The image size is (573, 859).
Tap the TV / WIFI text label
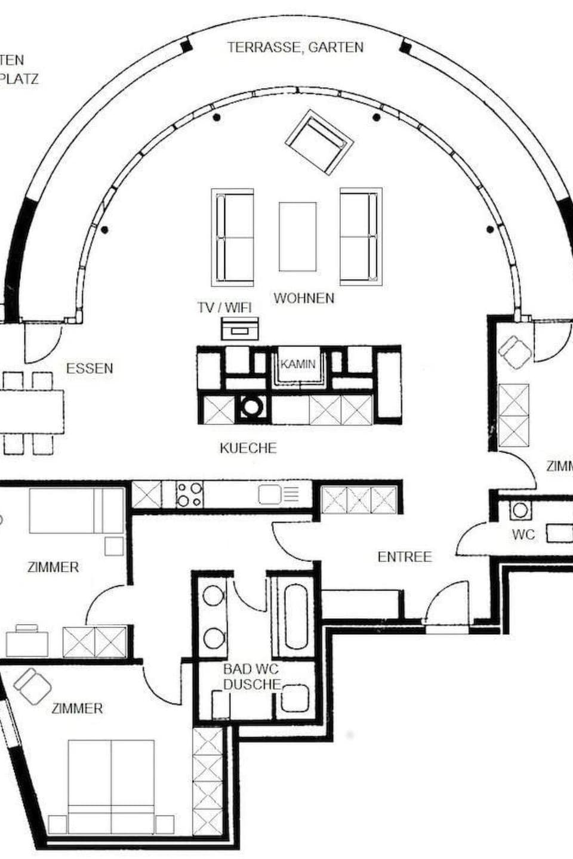click(x=224, y=307)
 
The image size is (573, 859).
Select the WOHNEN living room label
click(x=304, y=298)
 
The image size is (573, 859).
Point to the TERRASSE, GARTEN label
click(x=295, y=48)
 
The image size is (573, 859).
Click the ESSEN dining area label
click(x=90, y=369)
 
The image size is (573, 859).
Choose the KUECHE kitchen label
click(x=248, y=448)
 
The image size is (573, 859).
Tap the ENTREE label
click(x=404, y=557)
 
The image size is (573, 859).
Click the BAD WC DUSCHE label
click(x=251, y=677)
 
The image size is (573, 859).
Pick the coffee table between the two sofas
click(x=297, y=236)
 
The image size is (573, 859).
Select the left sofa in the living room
click(x=233, y=237)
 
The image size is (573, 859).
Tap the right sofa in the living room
click(x=361, y=237)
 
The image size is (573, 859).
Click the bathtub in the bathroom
click(x=297, y=617)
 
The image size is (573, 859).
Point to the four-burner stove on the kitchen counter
click(x=189, y=495)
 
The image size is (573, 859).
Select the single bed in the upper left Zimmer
click(x=76, y=511)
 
